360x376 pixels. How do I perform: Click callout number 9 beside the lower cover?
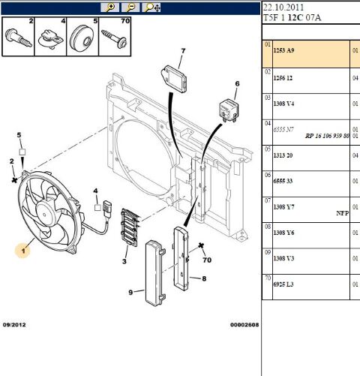coord(130,292)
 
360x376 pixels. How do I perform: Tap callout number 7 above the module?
coord(181,51)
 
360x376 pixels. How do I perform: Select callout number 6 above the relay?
coord(236,84)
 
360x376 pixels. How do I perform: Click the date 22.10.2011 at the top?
coord(283,8)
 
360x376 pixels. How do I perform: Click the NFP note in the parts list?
coord(341,213)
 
